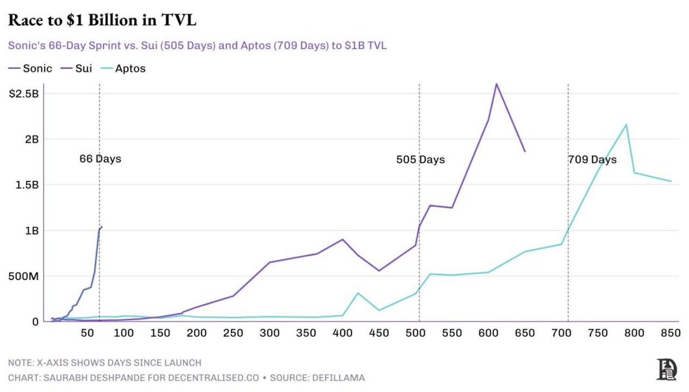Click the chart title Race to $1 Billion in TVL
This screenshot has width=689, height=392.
tap(102, 21)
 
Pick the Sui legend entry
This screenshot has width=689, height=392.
tap(84, 68)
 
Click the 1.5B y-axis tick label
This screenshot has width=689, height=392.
tap(27, 185)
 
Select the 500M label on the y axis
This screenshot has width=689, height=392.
tap(24, 276)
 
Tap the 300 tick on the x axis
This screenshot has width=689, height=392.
tap(269, 333)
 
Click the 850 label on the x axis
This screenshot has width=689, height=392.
tap(670, 333)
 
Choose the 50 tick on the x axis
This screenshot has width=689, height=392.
tap(87, 333)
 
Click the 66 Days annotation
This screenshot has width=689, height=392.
tap(100, 158)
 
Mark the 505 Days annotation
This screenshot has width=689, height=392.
tap(420, 160)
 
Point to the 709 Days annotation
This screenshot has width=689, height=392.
tap(592, 160)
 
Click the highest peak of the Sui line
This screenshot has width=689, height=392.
tap(496, 84)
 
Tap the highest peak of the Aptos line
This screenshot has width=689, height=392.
tap(626, 125)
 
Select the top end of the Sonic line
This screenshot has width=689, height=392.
tap(102, 227)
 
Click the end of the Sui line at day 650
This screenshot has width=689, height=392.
tap(525, 152)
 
